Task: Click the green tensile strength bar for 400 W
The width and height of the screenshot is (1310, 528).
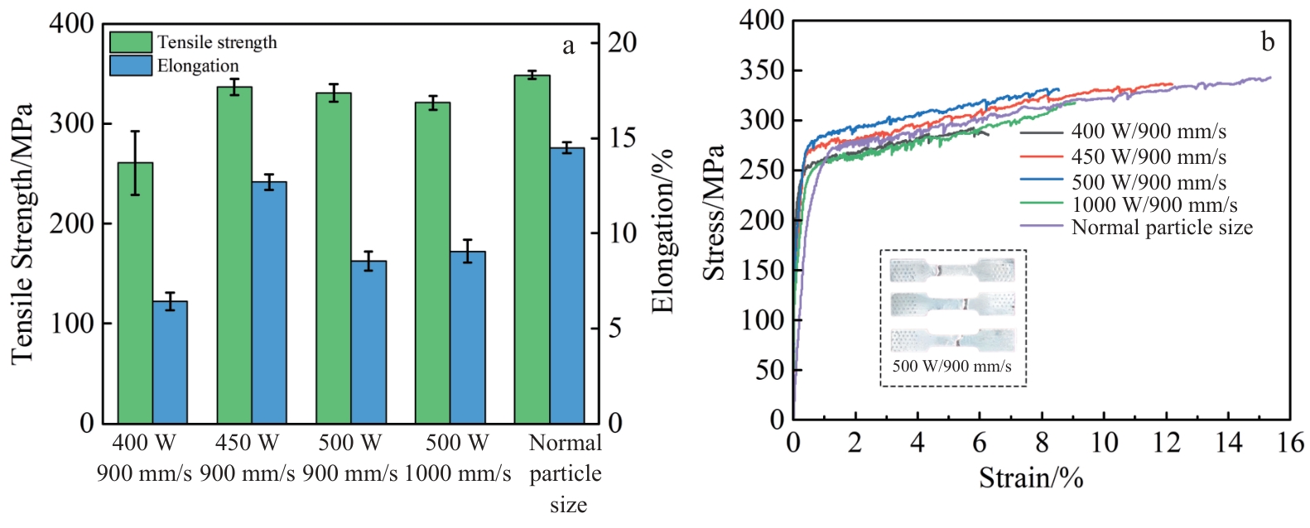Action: click(135, 294)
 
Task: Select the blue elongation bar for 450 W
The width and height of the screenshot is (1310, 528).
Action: click(269, 302)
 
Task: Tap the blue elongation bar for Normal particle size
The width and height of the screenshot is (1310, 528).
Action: click(567, 286)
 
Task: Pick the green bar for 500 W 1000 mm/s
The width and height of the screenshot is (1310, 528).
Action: click(432, 262)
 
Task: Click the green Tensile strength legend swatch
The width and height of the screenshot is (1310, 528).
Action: click(131, 42)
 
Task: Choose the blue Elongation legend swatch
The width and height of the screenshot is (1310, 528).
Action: click(131, 65)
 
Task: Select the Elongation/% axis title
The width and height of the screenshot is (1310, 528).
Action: click(662, 232)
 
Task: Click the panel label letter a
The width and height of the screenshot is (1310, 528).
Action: click(568, 46)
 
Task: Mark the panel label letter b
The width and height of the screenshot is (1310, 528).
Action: click(1268, 41)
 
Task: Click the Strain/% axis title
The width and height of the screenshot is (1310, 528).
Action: click(1031, 478)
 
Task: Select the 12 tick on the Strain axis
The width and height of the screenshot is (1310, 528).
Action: click(1167, 443)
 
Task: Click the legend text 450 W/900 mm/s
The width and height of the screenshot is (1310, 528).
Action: click(1149, 156)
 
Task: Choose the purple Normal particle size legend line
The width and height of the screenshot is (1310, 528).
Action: click(1042, 227)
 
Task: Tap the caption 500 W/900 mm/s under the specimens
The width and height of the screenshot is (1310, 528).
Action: click(951, 366)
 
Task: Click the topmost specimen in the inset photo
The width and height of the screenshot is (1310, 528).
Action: click(952, 270)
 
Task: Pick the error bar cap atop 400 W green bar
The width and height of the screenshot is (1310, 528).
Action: click(135, 132)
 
